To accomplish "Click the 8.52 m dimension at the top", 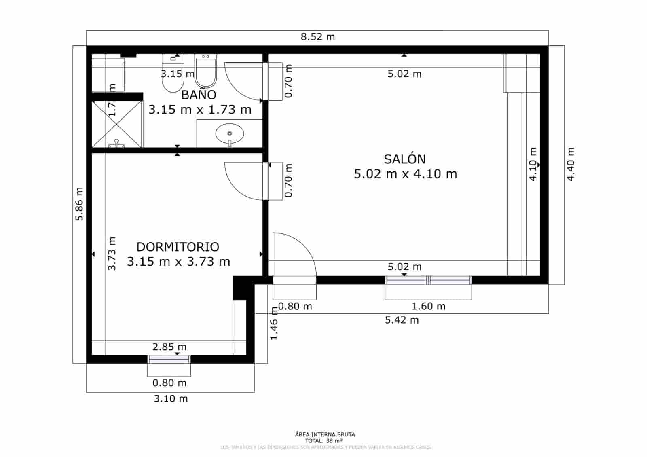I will click(318, 37).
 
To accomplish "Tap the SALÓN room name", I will click(404, 159).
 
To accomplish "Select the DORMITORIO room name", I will click(178, 247).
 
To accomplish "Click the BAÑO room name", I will click(199, 95).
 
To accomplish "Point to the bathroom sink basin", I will click(230, 133).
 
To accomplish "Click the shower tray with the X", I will click(117, 124).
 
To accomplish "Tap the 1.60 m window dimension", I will click(428, 306).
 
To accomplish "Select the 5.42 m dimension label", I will click(402, 320).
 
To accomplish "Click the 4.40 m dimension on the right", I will click(570, 164).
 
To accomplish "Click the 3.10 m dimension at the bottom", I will click(171, 399).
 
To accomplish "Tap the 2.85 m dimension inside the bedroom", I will click(169, 347).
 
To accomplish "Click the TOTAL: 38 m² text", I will click(324, 441).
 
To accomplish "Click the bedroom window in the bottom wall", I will click(169, 359).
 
